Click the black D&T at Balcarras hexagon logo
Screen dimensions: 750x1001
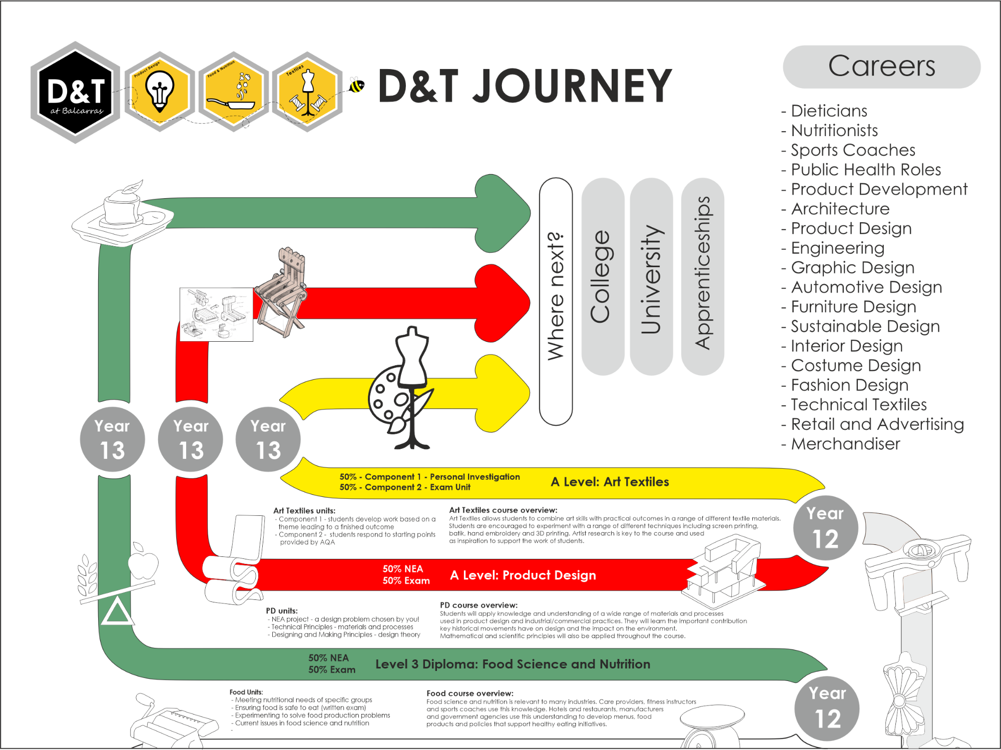[x=75, y=93]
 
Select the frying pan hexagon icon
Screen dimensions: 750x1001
[x=233, y=93]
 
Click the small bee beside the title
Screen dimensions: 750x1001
[x=357, y=86]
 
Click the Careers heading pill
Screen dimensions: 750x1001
[x=881, y=67]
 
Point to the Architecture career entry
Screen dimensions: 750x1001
[x=840, y=209]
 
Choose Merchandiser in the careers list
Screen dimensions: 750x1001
[x=845, y=444]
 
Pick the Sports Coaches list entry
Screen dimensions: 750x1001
[x=852, y=150]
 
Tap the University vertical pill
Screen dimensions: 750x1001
[x=651, y=277]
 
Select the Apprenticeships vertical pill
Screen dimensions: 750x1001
[x=703, y=277]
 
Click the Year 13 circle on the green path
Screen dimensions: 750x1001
[x=113, y=439]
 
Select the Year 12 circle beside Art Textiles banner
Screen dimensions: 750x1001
[x=825, y=528]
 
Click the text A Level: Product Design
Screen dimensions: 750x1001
[x=523, y=575]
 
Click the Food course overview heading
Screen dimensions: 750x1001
[x=469, y=693]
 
